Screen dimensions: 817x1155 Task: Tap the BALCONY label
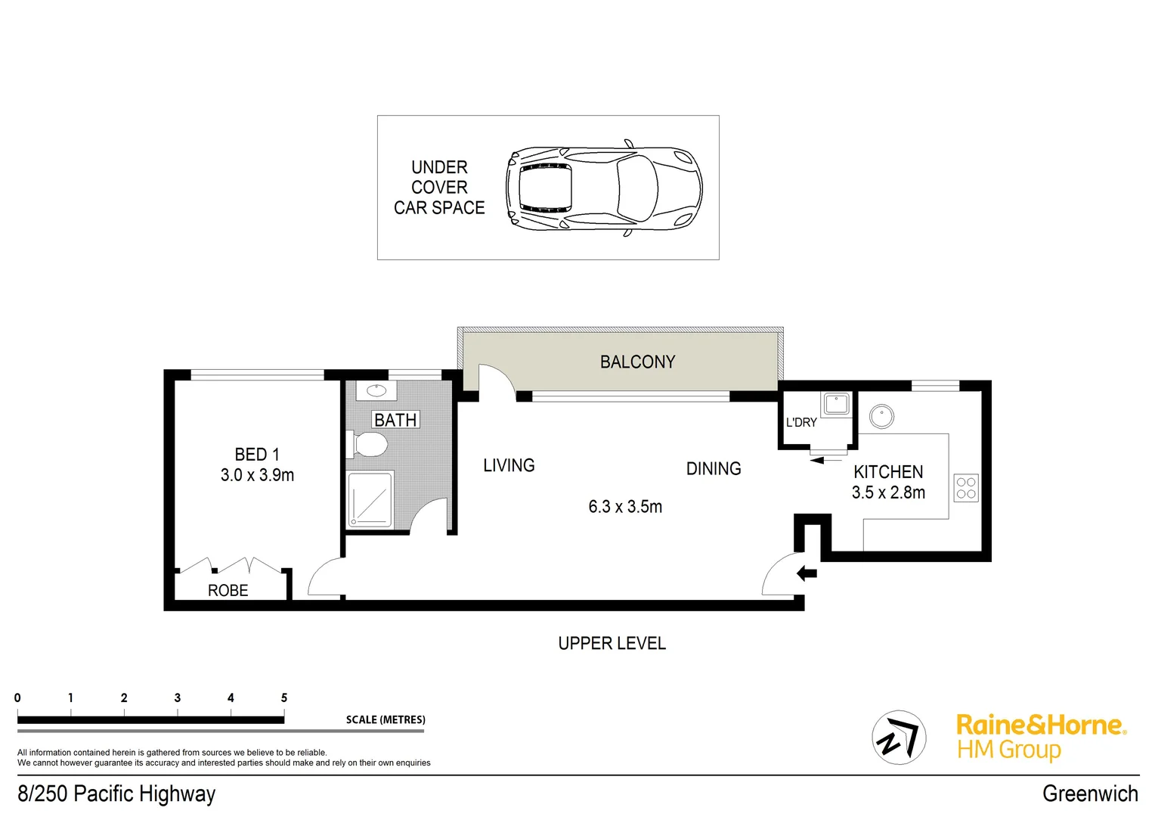coord(637,362)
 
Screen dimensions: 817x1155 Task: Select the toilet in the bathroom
coord(369,444)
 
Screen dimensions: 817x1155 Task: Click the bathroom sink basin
coord(376,391)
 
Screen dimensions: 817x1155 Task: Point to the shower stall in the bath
coord(370,499)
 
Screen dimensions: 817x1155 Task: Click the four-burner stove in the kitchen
coord(965,488)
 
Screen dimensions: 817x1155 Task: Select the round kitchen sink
coord(881,416)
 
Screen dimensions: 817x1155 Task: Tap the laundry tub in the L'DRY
coord(836,403)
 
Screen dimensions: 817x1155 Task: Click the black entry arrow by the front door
coord(807,573)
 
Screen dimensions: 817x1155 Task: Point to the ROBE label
coord(228,591)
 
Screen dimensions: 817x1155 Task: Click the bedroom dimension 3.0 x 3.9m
coord(257,475)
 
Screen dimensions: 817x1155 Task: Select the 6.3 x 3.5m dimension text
coord(625,507)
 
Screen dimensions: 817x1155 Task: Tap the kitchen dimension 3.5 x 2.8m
coord(888,492)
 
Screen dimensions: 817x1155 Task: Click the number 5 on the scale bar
coord(284,697)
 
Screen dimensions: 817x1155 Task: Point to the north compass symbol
coord(899,738)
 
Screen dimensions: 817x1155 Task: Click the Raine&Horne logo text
coord(1040,725)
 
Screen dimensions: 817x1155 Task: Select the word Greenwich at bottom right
coord(1089,794)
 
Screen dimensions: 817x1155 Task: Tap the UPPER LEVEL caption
coord(612,644)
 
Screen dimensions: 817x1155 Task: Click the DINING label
coord(713,469)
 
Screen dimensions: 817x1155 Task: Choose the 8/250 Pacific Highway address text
coord(116,794)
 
